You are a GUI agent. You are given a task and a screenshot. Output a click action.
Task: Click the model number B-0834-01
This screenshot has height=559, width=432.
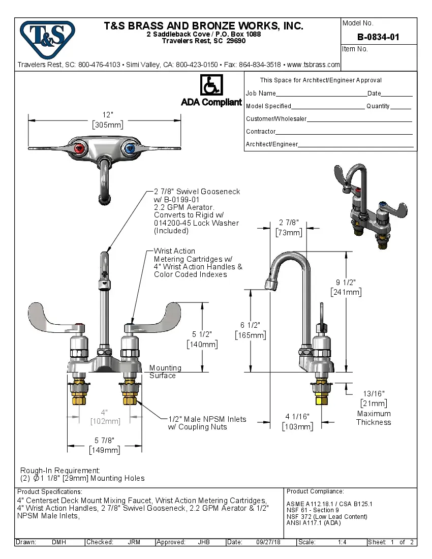tap(378, 37)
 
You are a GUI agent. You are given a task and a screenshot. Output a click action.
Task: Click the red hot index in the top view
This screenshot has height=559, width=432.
tap(79, 149)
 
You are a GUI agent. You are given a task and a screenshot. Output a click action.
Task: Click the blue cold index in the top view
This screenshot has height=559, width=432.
tap(130, 149)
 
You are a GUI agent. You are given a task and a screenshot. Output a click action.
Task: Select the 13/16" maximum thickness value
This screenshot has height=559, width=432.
tap(374, 393)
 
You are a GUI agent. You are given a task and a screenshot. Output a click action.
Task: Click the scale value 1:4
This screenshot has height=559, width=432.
tap(342, 542)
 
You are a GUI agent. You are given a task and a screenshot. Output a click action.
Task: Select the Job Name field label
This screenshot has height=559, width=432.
tap(261, 94)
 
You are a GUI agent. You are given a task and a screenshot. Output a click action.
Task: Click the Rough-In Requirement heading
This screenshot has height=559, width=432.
tap(60, 471)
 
